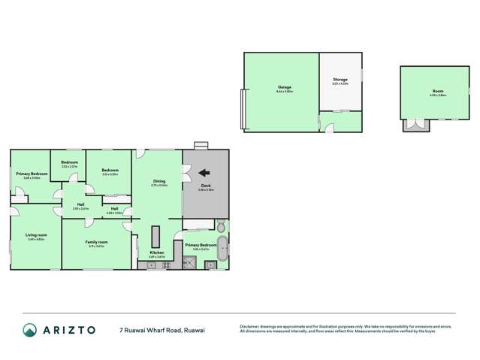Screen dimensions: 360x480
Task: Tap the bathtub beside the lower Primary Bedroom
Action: click(222, 249)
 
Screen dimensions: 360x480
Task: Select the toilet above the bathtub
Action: click(222, 225)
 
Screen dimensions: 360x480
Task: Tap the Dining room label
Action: click(159, 181)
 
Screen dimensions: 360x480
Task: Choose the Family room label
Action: click(98, 242)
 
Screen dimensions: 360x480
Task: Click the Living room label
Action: click(35, 235)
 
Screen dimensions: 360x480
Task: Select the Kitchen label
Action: click(156, 253)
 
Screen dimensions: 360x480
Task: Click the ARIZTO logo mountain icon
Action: click(30, 329)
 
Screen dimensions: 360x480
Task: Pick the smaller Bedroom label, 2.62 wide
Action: click(69, 163)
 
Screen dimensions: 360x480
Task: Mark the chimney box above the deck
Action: click(200, 146)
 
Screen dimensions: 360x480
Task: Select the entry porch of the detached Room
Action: click(412, 126)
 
